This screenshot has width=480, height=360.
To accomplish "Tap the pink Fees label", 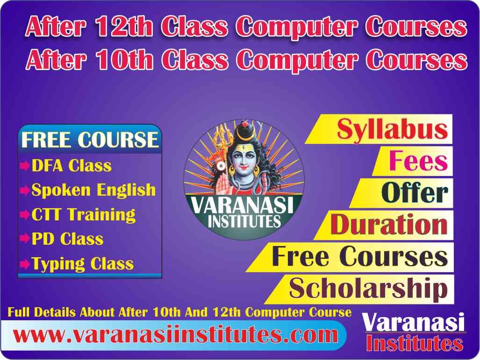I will click(418, 161).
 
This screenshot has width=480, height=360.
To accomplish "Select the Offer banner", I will click(414, 193).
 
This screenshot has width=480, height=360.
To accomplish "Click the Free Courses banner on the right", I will click(359, 256).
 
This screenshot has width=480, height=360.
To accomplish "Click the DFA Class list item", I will click(72, 165).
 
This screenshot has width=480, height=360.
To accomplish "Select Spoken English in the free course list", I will click(93, 190).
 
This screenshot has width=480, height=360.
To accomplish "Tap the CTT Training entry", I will click(84, 215).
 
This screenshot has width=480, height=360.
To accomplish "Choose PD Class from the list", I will click(68, 239).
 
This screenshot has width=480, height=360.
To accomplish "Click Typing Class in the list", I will click(83, 264).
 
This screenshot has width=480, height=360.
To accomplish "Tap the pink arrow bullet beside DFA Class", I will click(25, 166).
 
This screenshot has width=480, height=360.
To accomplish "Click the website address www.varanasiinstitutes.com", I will click(175, 335).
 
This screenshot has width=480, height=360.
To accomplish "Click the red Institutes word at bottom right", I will click(414, 344).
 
